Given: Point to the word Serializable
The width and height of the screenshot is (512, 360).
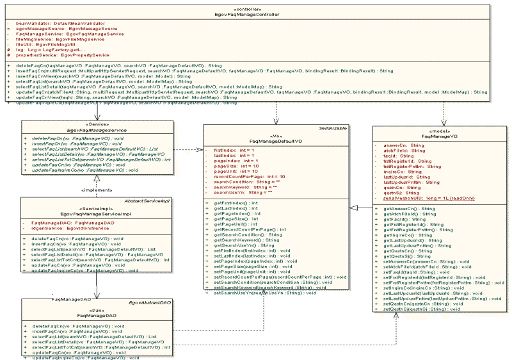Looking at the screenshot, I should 333,128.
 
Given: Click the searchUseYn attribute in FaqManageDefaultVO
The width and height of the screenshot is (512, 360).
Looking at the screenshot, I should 235,192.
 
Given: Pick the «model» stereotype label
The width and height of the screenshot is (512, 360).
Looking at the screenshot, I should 435,131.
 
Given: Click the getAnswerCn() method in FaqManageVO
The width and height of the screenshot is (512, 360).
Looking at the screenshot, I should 410,209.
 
